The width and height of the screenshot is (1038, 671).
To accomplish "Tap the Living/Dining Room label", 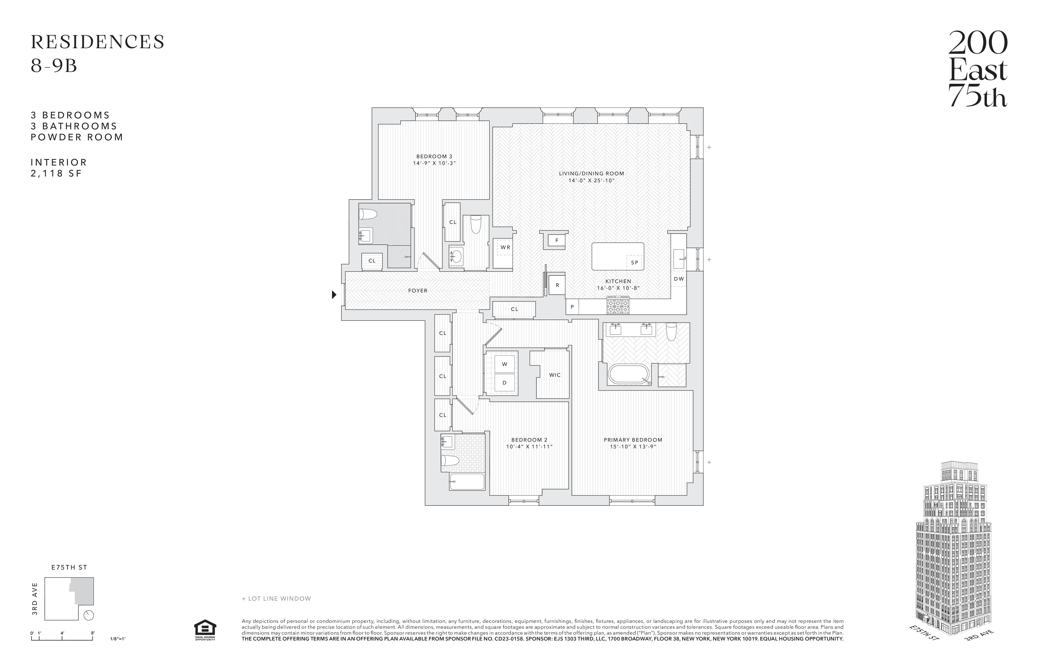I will pos(591,173).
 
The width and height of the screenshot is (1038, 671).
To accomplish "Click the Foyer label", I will pos(417,291).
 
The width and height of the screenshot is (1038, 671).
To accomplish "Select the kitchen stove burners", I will pos(618,306).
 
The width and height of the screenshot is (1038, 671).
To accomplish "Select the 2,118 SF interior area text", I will pos(56,173).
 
